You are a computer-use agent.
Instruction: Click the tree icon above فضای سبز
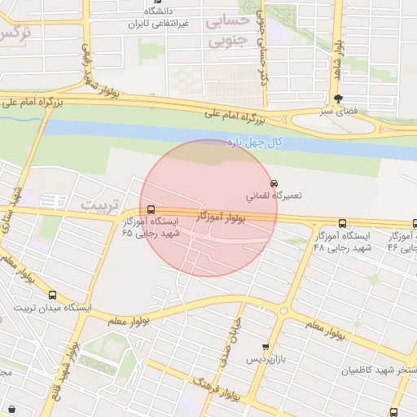tap(327, 98)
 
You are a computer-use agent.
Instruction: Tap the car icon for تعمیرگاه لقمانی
tap(274, 183)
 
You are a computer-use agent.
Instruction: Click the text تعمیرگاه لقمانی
tap(274, 196)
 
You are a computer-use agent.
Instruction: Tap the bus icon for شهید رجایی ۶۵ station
tap(149, 208)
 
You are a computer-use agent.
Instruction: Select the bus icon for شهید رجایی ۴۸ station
tap(342, 222)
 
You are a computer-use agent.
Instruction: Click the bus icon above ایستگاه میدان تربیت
tap(53, 296)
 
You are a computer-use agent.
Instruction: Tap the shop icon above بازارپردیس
tap(264, 347)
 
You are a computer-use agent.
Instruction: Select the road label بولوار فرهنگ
tap(215, 389)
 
